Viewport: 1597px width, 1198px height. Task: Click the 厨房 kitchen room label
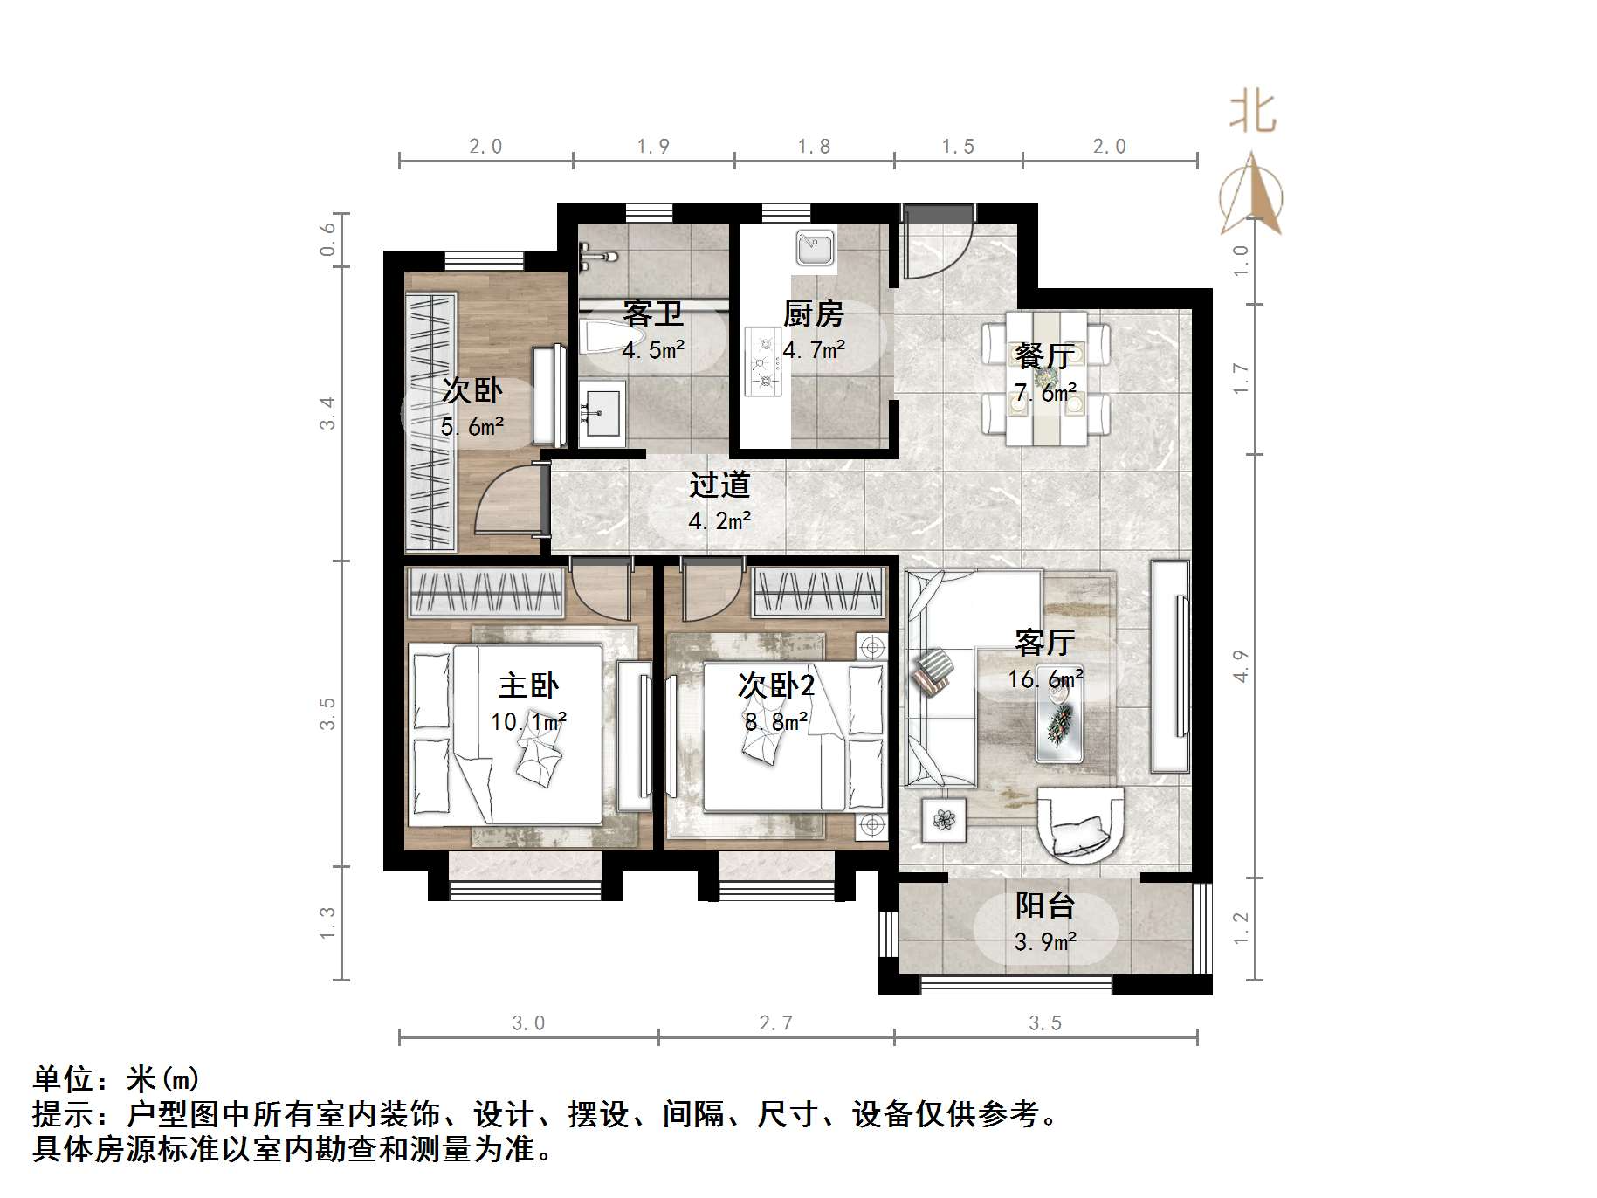click(x=813, y=313)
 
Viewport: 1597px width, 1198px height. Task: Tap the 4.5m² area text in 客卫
click(x=653, y=350)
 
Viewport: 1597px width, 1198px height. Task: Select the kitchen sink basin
click(x=816, y=247)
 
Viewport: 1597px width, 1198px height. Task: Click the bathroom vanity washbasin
click(x=602, y=411)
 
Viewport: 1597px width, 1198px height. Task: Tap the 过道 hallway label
click(x=719, y=485)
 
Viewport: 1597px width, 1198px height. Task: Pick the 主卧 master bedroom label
click(x=528, y=685)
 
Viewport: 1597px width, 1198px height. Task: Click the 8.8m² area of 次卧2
click(x=775, y=722)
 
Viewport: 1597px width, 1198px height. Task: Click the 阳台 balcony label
click(x=1044, y=905)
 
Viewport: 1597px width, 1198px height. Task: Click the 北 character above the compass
click(x=1252, y=114)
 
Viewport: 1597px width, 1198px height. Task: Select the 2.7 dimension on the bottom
click(x=775, y=1022)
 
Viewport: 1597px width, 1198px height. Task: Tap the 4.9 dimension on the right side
click(x=1241, y=665)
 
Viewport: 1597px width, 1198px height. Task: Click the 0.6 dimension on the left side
click(x=327, y=239)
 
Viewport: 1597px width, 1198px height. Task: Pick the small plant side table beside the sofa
click(x=943, y=819)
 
